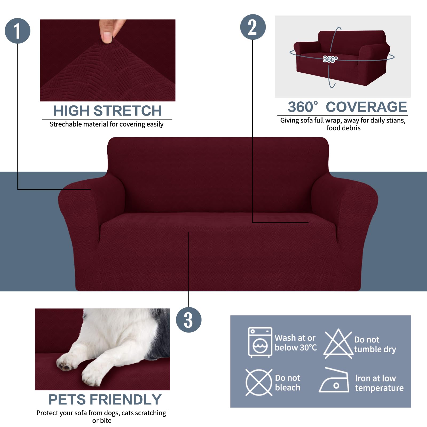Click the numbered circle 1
pos(18,31)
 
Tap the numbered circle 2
pos(253,27)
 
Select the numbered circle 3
pos(188,320)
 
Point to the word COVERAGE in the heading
pos(366,107)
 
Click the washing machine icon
pos(260,342)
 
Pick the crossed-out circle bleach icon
pos(259,382)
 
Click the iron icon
pos(335,381)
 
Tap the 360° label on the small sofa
pos(330,59)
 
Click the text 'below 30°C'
pos(295,347)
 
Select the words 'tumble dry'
pos(375,349)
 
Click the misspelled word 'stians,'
pos(395,120)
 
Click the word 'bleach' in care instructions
pos(287,388)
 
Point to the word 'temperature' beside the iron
pos(379,388)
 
